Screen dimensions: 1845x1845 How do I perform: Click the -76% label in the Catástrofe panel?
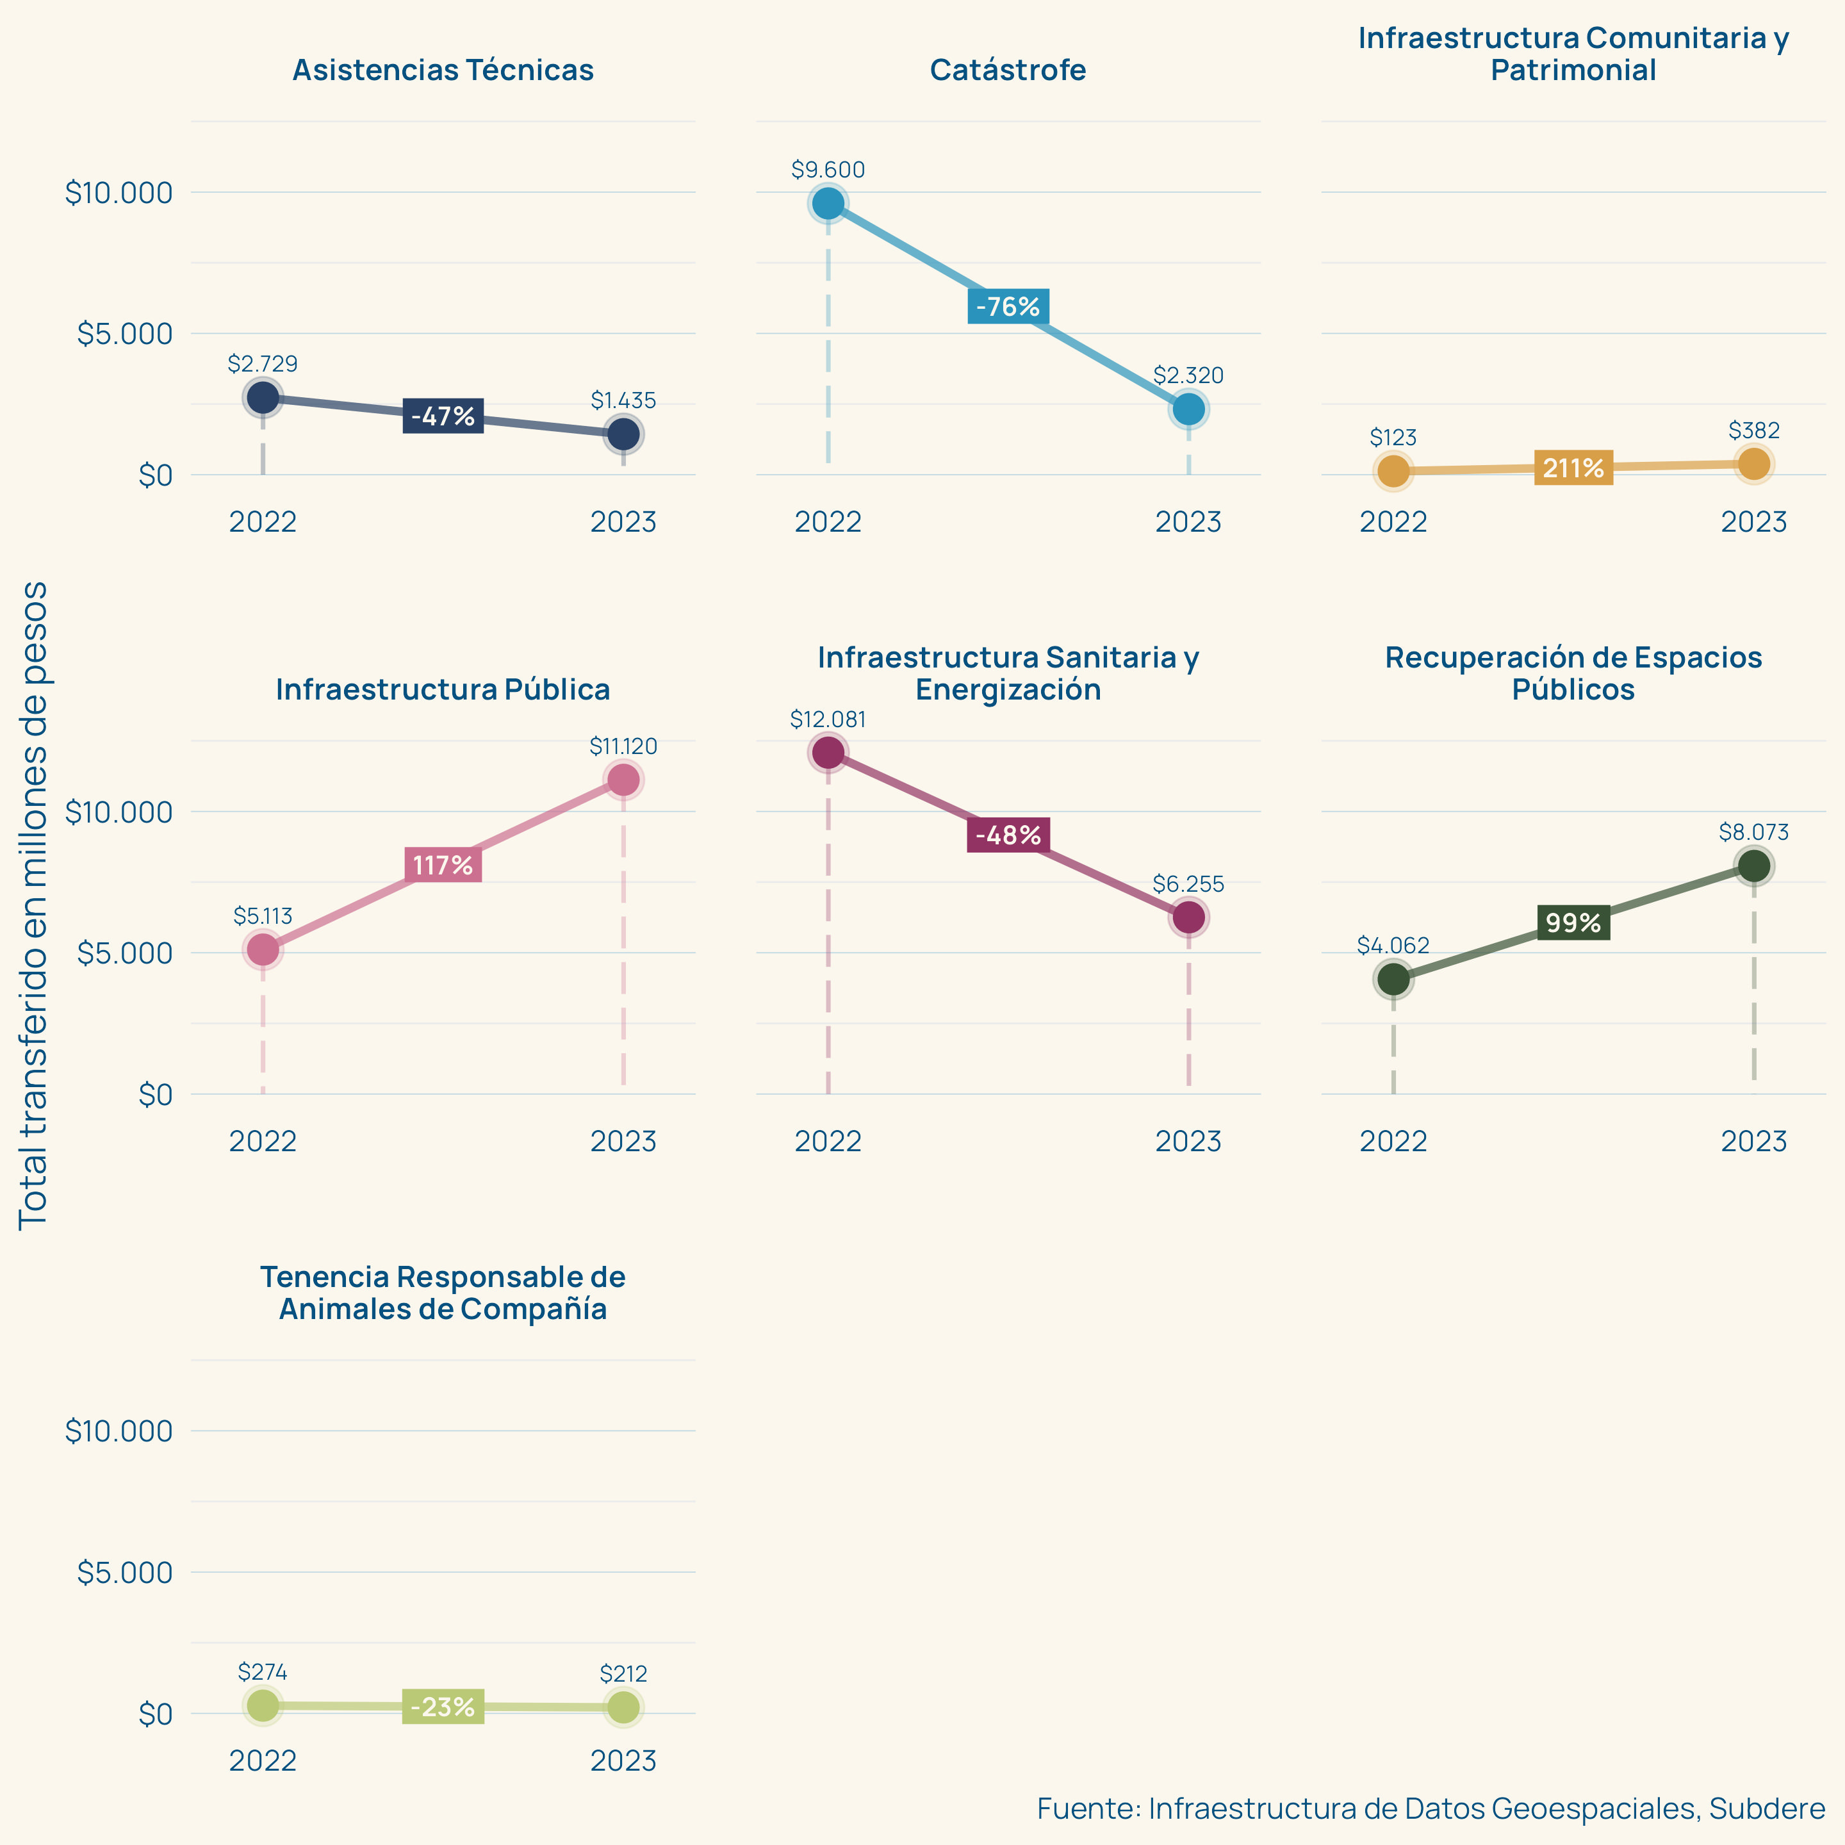[x=1008, y=307]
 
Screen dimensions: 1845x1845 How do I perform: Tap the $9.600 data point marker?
[x=828, y=204]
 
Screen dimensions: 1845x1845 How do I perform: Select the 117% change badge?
[x=442, y=865]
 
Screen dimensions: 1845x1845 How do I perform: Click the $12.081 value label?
[x=828, y=719]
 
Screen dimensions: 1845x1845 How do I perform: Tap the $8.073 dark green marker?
[x=1753, y=866]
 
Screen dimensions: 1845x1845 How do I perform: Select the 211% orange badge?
[x=1573, y=468]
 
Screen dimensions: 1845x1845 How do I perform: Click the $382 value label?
[x=1753, y=430]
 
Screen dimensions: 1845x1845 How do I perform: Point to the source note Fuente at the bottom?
[x=1431, y=1808]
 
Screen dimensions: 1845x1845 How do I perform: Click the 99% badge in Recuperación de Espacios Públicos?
[x=1573, y=922]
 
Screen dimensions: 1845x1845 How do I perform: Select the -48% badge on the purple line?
[x=1008, y=835]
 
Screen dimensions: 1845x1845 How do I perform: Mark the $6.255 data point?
[x=1188, y=917]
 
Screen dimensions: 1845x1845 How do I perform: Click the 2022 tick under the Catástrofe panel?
[x=828, y=522]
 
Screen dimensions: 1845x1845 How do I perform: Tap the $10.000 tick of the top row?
[x=119, y=193]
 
